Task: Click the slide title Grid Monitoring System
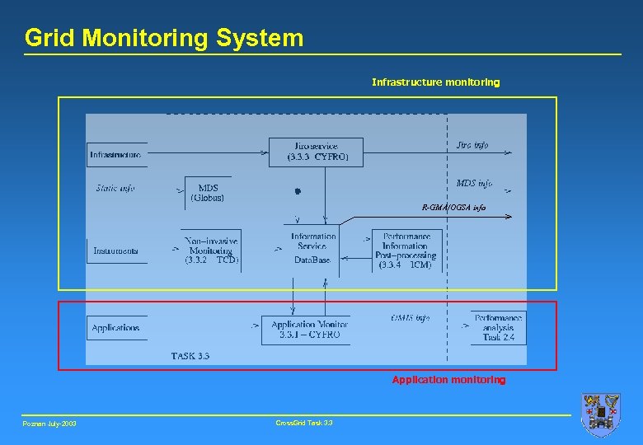[x=164, y=38]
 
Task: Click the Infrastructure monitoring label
[x=435, y=82]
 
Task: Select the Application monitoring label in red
[x=448, y=380]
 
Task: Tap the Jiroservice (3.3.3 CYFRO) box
[x=315, y=152]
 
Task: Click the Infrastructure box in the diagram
[x=116, y=154]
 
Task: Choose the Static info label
[x=115, y=188]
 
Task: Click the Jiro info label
[x=472, y=145]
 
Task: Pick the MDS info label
[x=474, y=183]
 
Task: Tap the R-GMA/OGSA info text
[x=454, y=208]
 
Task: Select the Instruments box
[x=115, y=251]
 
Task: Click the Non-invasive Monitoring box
[x=212, y=250]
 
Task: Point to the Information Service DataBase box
[x=313, y=247]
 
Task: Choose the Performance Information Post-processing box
[x=406, y=251]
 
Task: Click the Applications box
[x=116, y=328]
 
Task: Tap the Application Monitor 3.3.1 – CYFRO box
[x=306, y=330]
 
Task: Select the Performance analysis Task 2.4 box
[x=498, y=327]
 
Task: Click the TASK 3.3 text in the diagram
[x=190, y=356]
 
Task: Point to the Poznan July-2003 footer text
[x=50, y=424]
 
